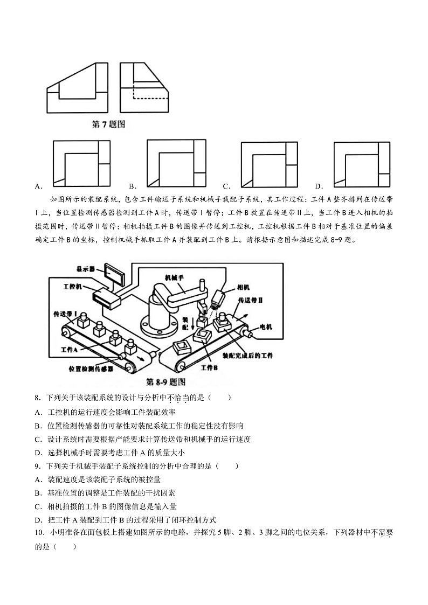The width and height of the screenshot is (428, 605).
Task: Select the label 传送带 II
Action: coord(251,300)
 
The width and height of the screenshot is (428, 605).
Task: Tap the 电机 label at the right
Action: coord(266,327)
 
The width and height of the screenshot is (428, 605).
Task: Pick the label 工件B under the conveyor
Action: coord(209,367)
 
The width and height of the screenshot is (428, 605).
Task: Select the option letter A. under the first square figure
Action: coord(38,187)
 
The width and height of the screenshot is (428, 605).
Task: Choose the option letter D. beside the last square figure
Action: coord(319,187)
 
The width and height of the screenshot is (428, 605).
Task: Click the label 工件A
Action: coord(70,349)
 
